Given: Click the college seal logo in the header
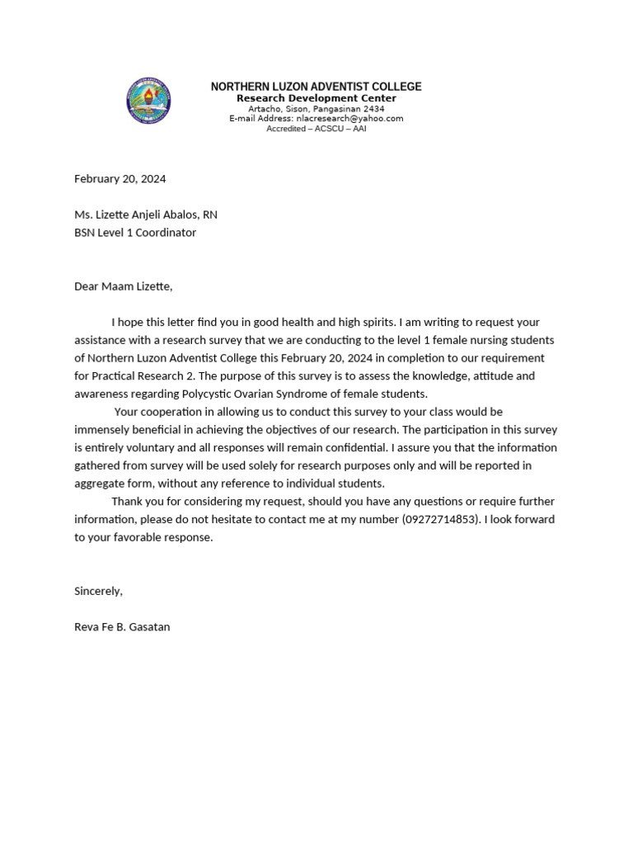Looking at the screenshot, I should click(x=148, y=101).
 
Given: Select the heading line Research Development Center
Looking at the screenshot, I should click(x=316, y=98).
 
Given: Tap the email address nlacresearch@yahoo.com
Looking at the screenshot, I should click(x=349, y=118).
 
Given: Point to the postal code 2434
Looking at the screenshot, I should click(x=373, y=108).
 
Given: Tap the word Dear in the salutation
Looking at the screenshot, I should click(x=87, y=286).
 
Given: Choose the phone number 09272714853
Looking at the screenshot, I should click(x=440, y=519).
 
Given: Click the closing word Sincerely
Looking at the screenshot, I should click(x=98, y=591).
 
